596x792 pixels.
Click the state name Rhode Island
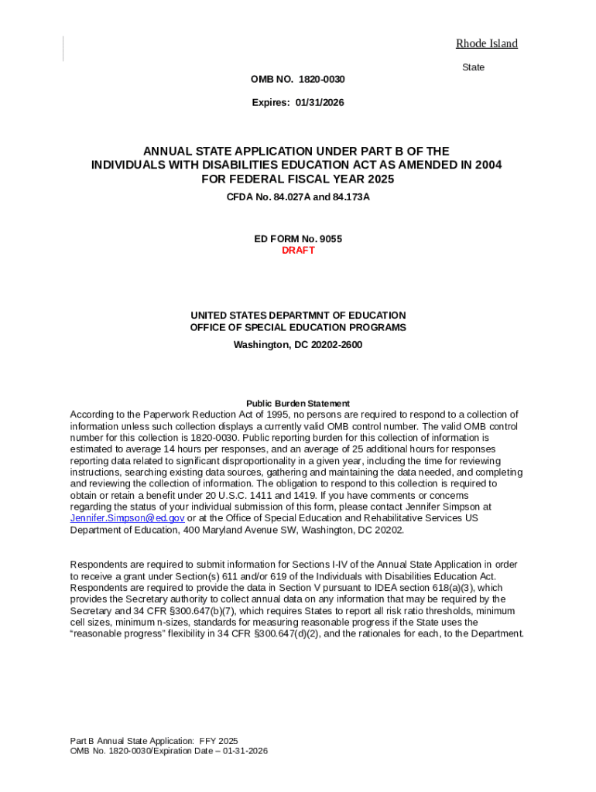(x=486, y=43)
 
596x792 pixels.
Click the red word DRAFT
(x=298, y=251)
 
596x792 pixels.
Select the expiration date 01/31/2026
(x=319, y=103)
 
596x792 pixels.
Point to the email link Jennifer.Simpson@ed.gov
(x=127, y=518)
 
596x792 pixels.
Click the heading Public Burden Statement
(x=298, y=403)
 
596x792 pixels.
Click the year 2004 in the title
(x=488, y=165)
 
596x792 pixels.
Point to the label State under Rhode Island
(x=473, y=67)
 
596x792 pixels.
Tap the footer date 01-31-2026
(x=243, y=750)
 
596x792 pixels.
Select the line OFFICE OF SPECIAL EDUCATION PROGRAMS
(x=298, y=327)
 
